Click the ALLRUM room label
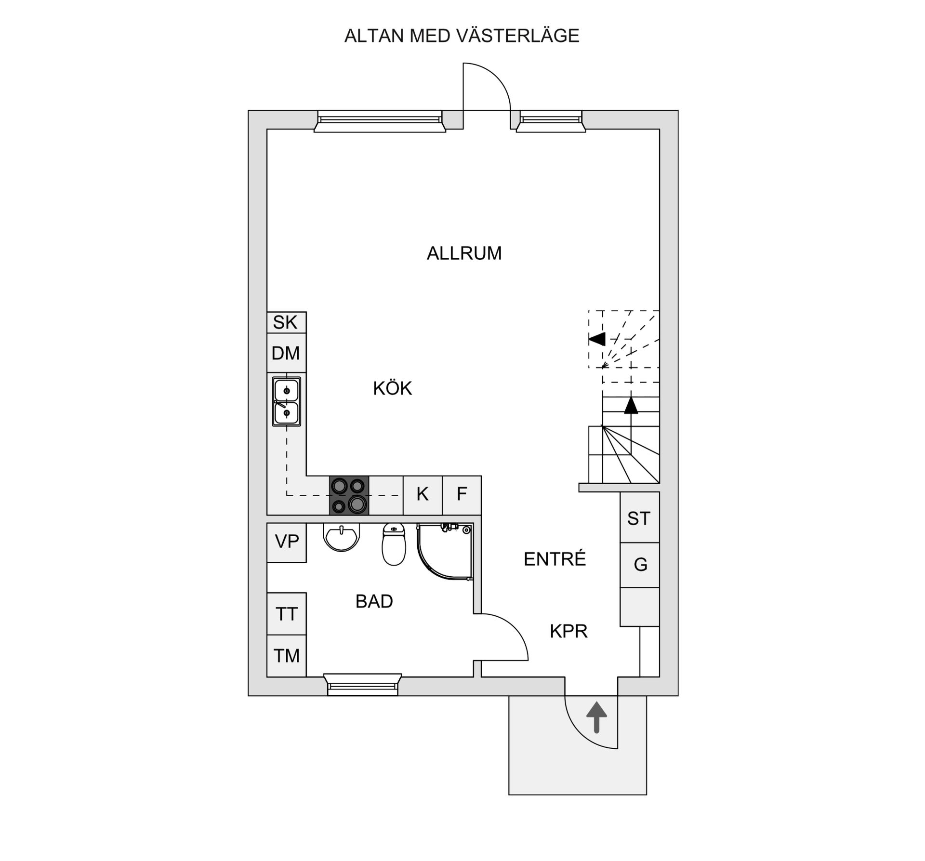point(464,253)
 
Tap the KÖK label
point(392,388)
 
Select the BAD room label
point(374,601)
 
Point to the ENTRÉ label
point(555,559)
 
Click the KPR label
point(568,631)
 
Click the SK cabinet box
point(286,322)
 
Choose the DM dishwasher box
point(286,353)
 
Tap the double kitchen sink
point(287,401)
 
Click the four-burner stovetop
point(349,495)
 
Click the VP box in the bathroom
point(287,542)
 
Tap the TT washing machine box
point(287,614)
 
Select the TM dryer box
point(287,656)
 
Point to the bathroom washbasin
point(342,538)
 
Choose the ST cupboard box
point(639,518)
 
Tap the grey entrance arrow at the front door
point(596,717)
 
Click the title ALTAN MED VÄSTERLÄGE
point(462,36)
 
